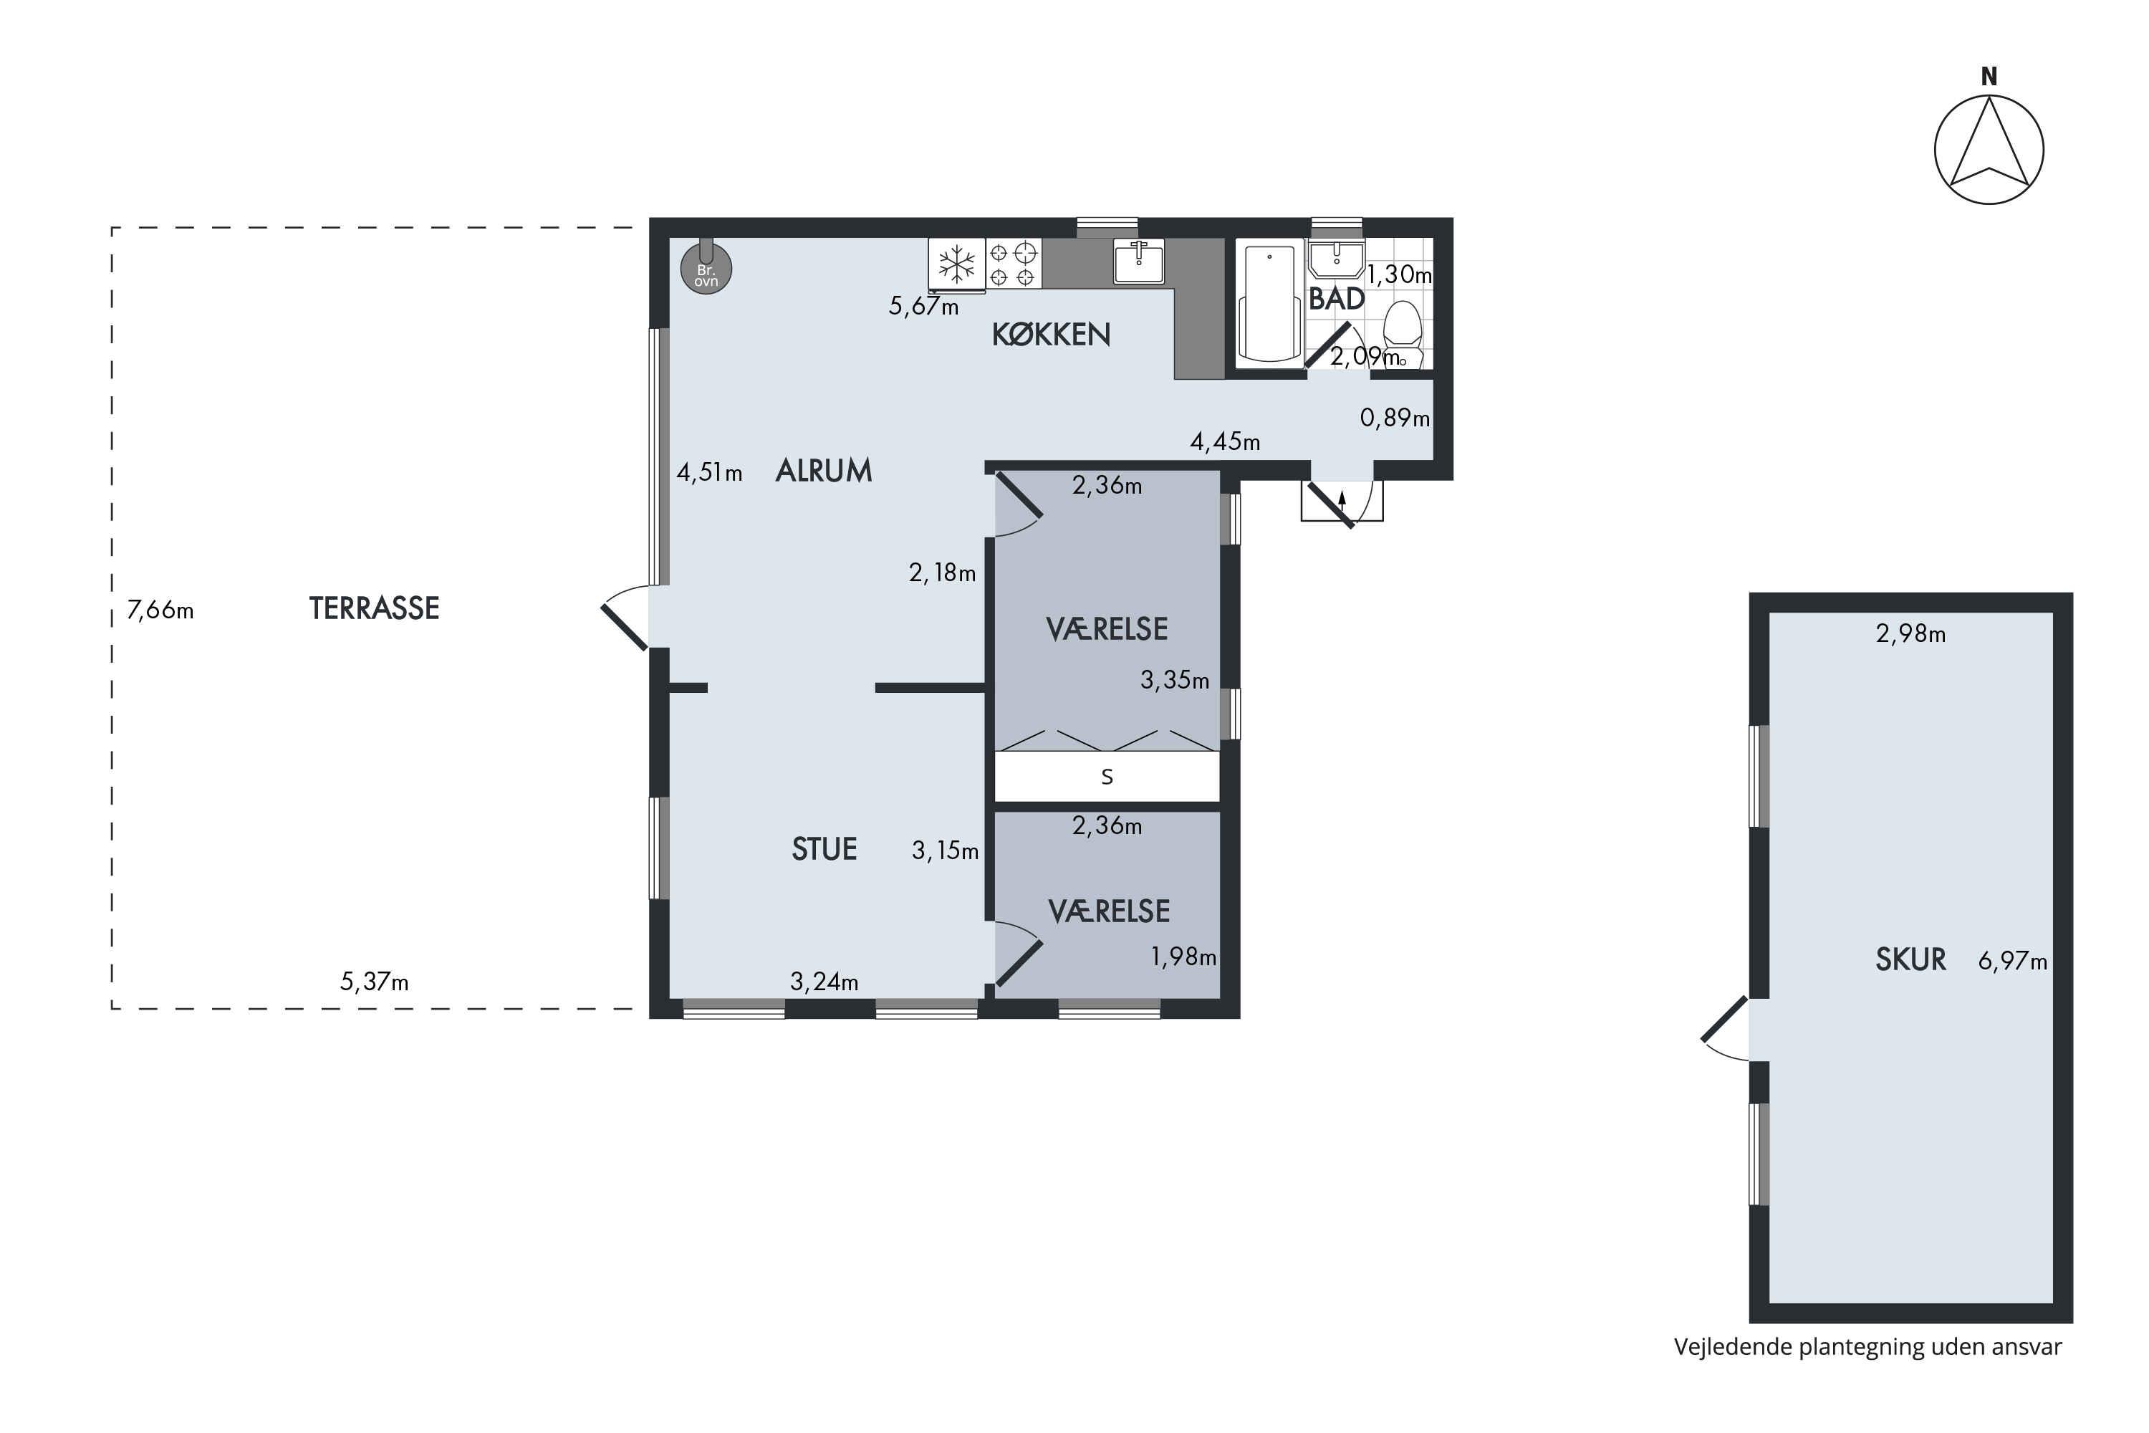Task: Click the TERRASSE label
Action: click(374, 608)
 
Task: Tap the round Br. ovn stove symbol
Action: click(706, 268)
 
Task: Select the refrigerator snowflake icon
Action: click(956, 264)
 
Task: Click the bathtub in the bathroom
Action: click(1269, 302)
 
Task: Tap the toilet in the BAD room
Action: click(1403, 335)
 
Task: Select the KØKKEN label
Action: click(1051, 335)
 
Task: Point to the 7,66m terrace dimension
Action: click(160, 610)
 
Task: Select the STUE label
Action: click(824, 849)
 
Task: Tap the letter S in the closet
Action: click(1107, 777)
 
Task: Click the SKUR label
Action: click(1910, 959)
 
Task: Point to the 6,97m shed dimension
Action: click(2012, 962)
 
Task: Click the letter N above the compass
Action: click(1989, 77)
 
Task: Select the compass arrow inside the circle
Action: click(1989, 146)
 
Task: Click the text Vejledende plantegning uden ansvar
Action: click(1867, 1347)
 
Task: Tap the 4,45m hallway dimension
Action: click(1224, 442)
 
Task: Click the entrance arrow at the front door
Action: click(1342, 499)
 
